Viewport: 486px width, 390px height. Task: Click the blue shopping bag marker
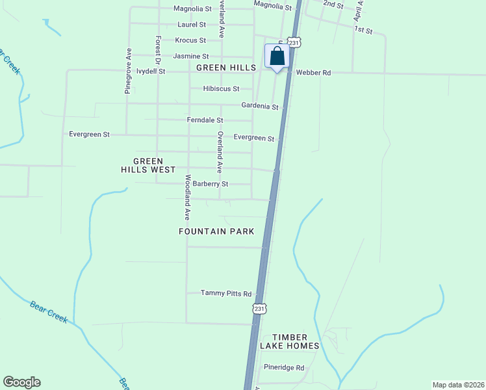click(x=277, y=57)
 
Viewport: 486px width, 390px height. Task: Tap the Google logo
click(x=21, y=382)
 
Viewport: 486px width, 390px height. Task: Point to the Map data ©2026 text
click(x=458, y=384)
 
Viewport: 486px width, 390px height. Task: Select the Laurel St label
click(x=192, y=25)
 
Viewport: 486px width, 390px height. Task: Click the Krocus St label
click(x=190, y=40)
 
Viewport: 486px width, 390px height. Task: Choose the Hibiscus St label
click(x=221, y=88)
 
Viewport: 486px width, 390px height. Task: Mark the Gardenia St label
click(x=260, y=106)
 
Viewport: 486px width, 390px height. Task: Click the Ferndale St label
click(x=205, y=120)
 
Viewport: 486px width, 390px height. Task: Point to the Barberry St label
click(x=211, y=184)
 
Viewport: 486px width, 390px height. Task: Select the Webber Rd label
click(x=313, y=73)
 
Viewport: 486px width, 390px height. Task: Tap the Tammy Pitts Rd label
click(x=225, y=293)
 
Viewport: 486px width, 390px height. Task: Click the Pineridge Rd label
click(x=284, y=367)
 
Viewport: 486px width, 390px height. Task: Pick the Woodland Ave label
click(x=187, y=197)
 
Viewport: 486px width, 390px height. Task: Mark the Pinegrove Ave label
click(x=129, y=71)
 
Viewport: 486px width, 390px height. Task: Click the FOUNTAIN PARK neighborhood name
click(x=216, y=231)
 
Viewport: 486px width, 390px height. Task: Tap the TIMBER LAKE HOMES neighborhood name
click(x=296, y=341)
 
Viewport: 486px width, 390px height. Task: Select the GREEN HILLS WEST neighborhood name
click(x=148, y=165)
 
